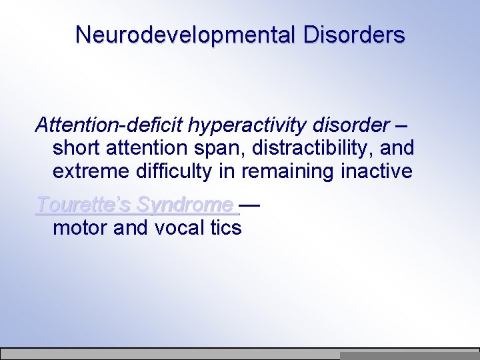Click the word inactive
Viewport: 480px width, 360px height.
click(377, 171)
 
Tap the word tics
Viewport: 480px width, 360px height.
click(225, 228)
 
